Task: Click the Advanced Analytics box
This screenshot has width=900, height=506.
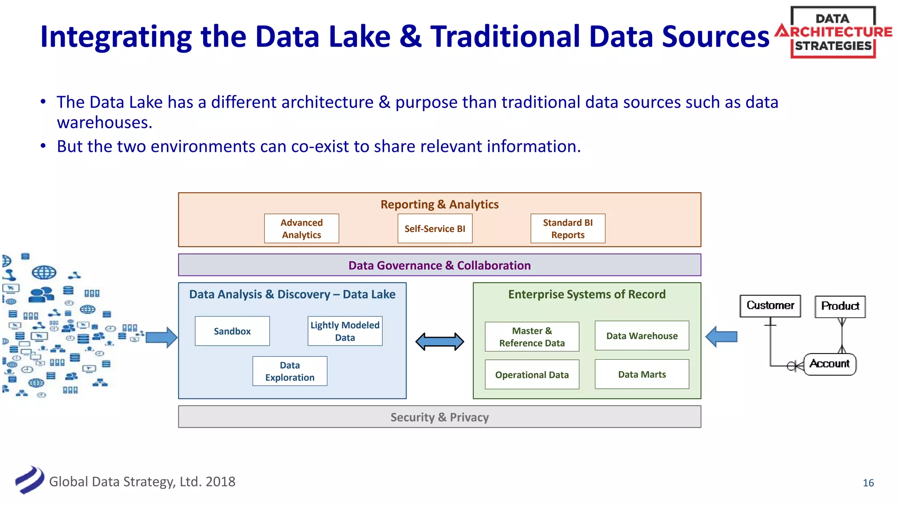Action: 301,228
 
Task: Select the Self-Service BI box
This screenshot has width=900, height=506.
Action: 435,228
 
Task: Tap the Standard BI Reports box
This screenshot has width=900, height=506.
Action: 568,228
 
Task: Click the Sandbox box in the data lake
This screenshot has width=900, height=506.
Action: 232,331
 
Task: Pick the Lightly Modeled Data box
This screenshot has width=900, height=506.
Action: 345,331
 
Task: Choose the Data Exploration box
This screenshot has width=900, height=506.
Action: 290,371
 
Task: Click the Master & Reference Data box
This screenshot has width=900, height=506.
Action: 532,336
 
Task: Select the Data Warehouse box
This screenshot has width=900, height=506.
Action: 642,336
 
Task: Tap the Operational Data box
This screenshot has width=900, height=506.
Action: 532,375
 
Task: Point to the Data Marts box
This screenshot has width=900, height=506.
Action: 642,374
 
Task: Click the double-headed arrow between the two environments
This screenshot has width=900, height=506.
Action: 439,341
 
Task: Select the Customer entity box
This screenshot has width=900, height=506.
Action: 770,306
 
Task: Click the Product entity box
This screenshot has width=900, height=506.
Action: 840,306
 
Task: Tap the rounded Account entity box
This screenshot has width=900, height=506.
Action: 830,364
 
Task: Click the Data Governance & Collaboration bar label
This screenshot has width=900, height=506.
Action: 439,265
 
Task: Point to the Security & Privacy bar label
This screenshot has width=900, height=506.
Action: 439,417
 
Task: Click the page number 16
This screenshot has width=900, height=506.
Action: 868,483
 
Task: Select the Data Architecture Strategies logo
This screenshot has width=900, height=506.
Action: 833,32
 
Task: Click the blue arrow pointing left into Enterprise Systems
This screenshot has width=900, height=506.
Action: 721,337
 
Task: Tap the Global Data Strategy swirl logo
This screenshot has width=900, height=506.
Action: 29,480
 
